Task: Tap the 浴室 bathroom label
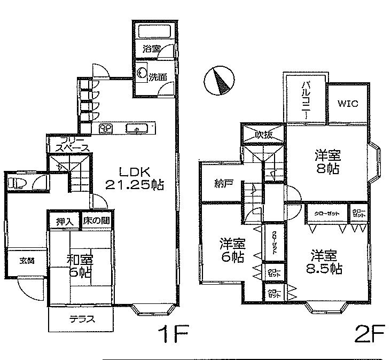(151, 48)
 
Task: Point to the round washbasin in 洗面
(142, 73)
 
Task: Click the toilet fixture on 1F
(17, 183)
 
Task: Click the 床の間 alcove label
(96, 221)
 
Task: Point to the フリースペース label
(68, 144)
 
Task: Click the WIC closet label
(347, 104)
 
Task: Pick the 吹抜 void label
(263, 135)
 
